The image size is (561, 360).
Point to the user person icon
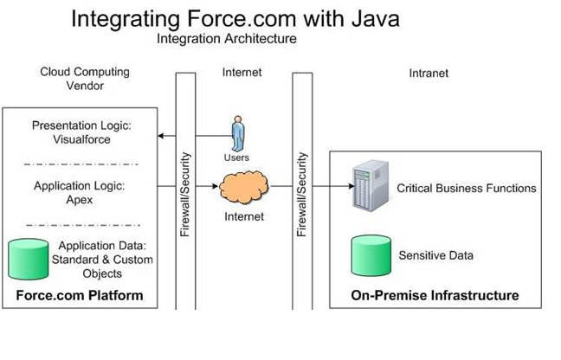[x=237, y=135]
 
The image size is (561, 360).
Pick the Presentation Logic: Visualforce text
[x=83, y=132]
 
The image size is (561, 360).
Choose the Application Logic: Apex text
[x=82, y=192]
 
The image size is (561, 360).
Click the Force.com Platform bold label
[x=80, y=296]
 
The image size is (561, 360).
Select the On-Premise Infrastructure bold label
[x=435, y=296]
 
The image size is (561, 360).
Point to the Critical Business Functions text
[x=466, y=188]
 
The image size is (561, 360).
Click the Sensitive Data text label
[x=435, y=255]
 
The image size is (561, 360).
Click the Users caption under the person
[x=235, y=158]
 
